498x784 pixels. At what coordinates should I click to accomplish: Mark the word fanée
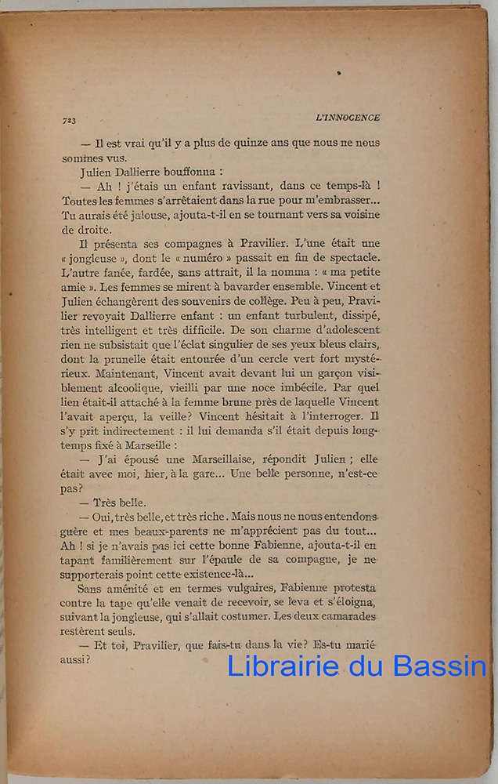coord(114,273)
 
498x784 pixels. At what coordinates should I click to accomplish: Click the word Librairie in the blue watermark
coord(283,666)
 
